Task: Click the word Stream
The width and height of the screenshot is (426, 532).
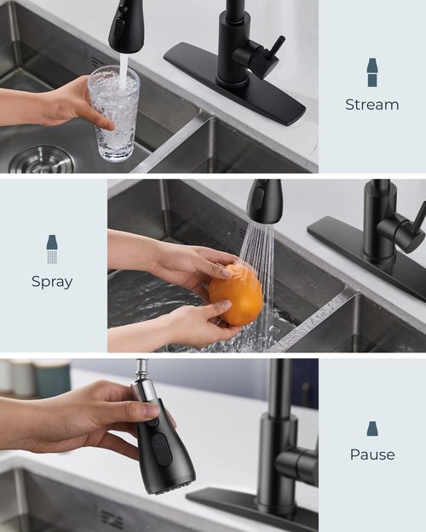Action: point(371,105)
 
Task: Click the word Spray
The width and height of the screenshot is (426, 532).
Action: point(52,281)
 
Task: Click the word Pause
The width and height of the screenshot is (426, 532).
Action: point(371,455)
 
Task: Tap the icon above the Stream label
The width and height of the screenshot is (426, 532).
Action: point(371,72)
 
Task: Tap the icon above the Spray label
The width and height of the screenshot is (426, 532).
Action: point(52,249)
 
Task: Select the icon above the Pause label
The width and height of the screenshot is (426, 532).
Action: point(371,428)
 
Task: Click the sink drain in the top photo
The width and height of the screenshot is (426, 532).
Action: point(43,160)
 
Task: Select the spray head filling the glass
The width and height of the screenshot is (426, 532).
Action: point(126,26)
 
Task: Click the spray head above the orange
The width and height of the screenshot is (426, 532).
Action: point(264,201)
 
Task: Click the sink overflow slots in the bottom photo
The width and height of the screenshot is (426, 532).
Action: point(112,518)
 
